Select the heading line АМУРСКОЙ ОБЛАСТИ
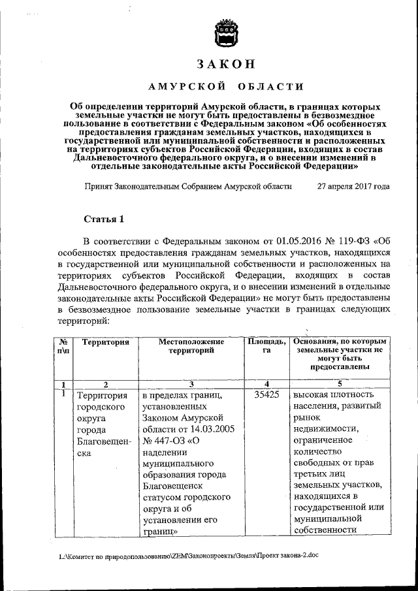point(225,87)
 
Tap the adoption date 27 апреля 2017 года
point(353,186)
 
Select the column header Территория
point(101,342)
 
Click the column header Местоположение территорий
point(191,346)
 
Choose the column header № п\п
point(63,346)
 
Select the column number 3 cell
point(191,384)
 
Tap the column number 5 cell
point(340,384)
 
